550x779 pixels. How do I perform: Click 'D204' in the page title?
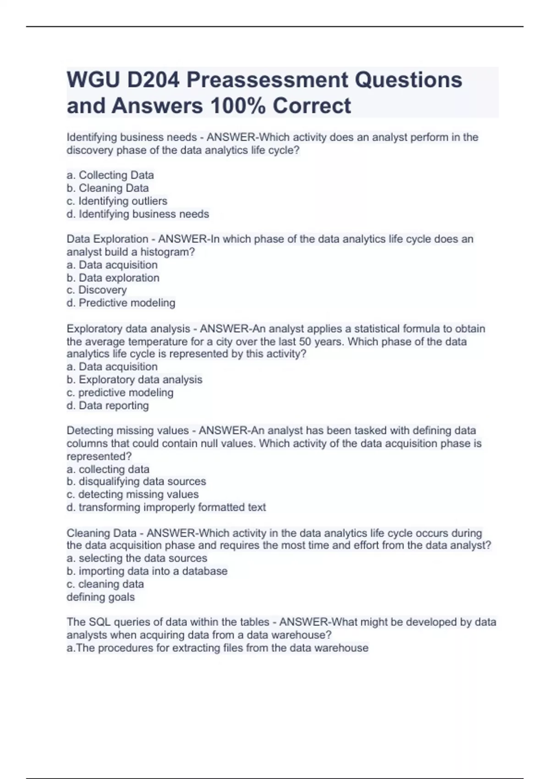[153, 80]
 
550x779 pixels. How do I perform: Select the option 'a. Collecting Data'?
[110, 175]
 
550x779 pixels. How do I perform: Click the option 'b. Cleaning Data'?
[108, 188]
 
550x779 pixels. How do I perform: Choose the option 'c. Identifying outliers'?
[117, 201]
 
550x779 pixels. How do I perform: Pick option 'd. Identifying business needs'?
[137, 214]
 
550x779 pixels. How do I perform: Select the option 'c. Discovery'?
[96, 290]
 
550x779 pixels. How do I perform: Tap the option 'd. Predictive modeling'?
[121, 303]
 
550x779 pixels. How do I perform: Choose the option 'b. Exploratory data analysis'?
[134, 379]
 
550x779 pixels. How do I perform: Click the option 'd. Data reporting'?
[108, 406]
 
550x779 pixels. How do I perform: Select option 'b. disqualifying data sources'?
[136, 482]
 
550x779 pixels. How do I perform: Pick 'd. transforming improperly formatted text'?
[166, 507]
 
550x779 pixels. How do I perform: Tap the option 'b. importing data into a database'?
[147, 571]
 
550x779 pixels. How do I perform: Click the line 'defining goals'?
[100, 597]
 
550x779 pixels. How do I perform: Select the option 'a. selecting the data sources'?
[137, 558]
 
